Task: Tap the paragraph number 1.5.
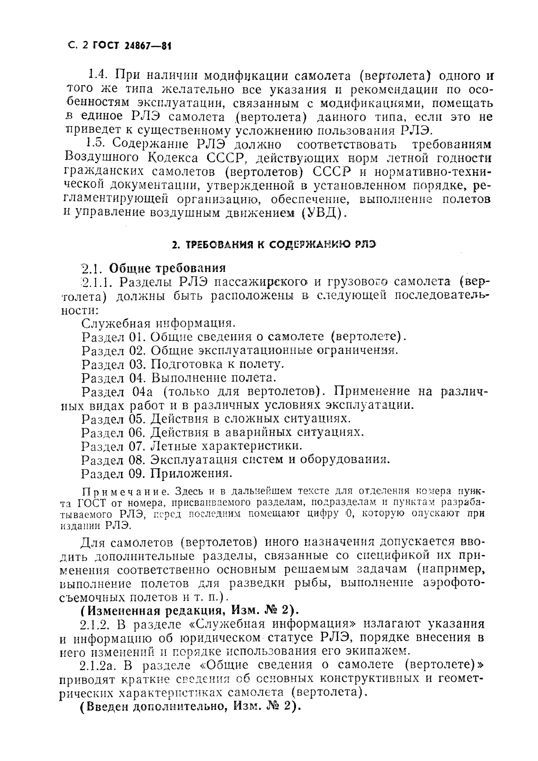coord(96,144)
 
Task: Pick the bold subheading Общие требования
coord(168,267)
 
